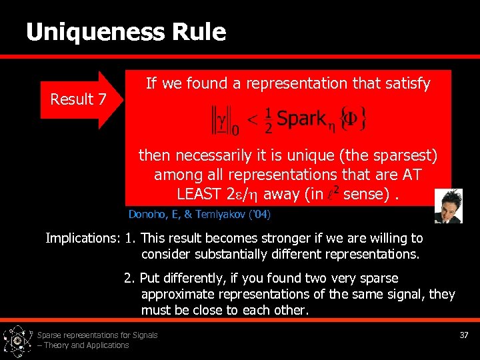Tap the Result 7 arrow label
79,99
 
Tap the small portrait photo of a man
448,206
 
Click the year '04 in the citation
259,215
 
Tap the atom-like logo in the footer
17,340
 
